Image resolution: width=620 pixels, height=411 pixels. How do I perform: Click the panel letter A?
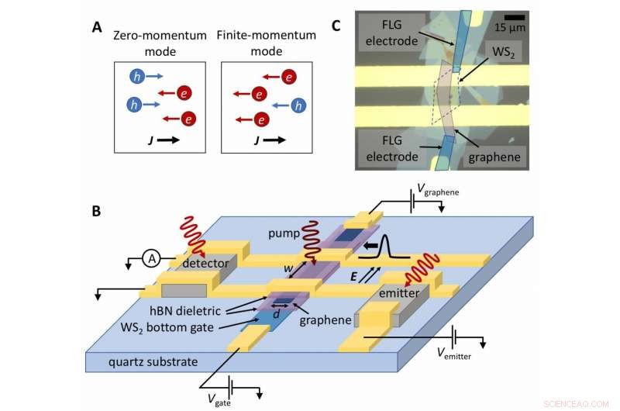(x=97, y=26)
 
